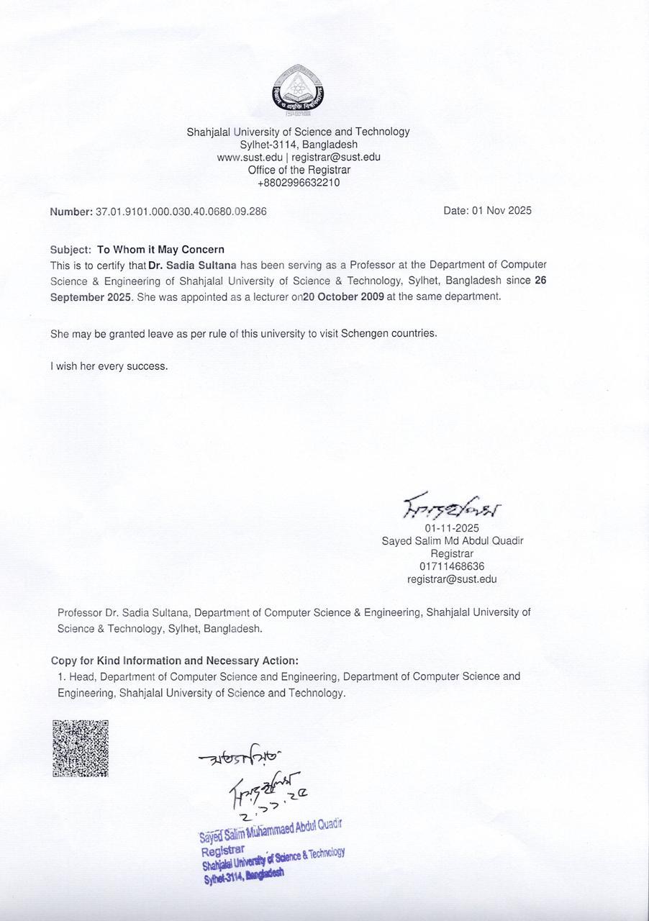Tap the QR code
(81, 748)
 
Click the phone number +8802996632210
(299, 183)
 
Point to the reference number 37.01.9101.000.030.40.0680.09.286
(176, 212)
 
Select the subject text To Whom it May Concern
(160, 250)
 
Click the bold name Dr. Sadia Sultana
(193, 266)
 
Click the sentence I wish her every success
(109, 366)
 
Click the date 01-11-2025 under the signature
(452, 528)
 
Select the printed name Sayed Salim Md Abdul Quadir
(452, 541)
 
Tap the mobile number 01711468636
(452, 566)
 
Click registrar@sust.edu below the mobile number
(452, 579)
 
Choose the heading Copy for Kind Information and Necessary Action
(175, 661)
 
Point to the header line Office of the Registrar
(299, 170)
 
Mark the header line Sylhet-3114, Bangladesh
(299, 144)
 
